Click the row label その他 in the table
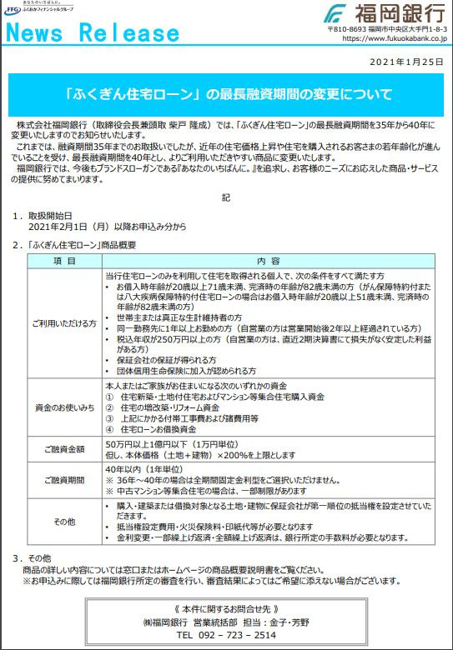pyautogui.click(x=64, y=522)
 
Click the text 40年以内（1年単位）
pyautogui.click(x=143, y=469)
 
